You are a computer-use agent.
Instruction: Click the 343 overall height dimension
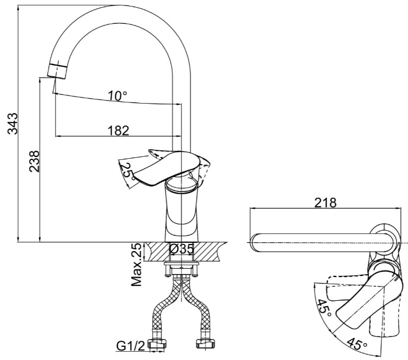[x=12, y=124]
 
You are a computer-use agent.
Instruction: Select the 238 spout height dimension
[x=34, y=161]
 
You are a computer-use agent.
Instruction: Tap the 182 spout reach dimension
[x=118, y=130]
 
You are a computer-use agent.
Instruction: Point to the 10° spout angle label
[x=118, y=96]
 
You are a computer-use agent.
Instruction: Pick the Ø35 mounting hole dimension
[x=182, y=249]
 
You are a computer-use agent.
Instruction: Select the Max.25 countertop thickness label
[x=136, y=265]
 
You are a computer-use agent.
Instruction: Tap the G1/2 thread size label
[x=130, y=346]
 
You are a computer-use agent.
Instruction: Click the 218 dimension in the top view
[x=325, y=202]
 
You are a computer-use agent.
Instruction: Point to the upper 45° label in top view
[x=325, y=308]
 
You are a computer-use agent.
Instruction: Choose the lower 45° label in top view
[x=356, y=343]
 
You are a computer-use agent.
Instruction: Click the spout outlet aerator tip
[x=57, y=70]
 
